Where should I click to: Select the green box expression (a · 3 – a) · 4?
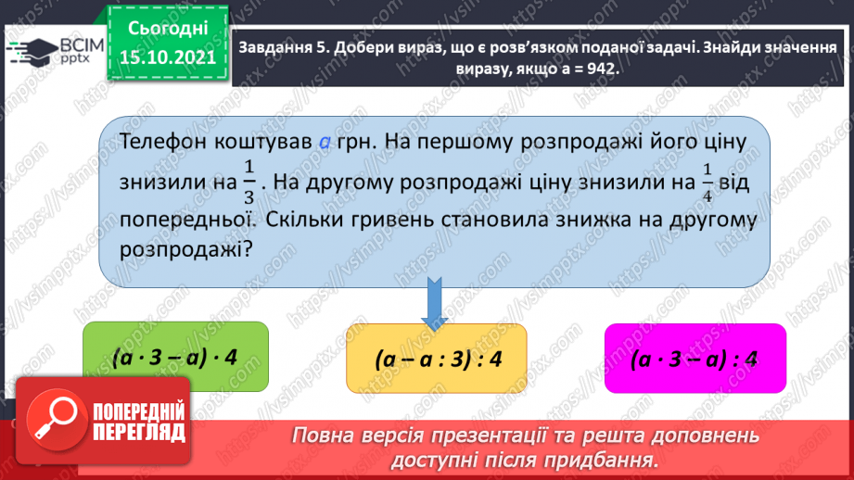point(175,356)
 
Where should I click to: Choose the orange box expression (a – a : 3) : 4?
point(436,358)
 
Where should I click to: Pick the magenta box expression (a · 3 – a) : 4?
point(695,360)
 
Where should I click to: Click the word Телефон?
point(160,141)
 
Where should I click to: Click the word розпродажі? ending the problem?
point(186,249)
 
